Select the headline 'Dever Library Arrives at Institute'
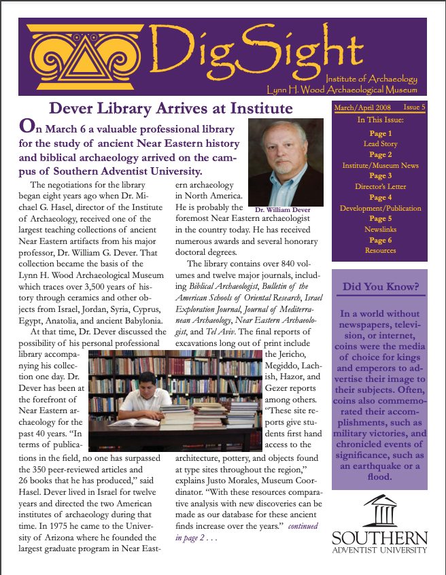[x=171, y=109]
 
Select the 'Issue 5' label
[x=413, y=107]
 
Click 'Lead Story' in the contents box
[x=380, y=144]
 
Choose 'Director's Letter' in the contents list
[x=380, y=186]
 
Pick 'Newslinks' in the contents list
[x=380, y=229]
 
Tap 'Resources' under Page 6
[x=380, y=250]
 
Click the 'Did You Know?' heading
[x=380, y=286]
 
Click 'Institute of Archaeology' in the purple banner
[x=371, y=79]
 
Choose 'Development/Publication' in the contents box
[x=380, y=208]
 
